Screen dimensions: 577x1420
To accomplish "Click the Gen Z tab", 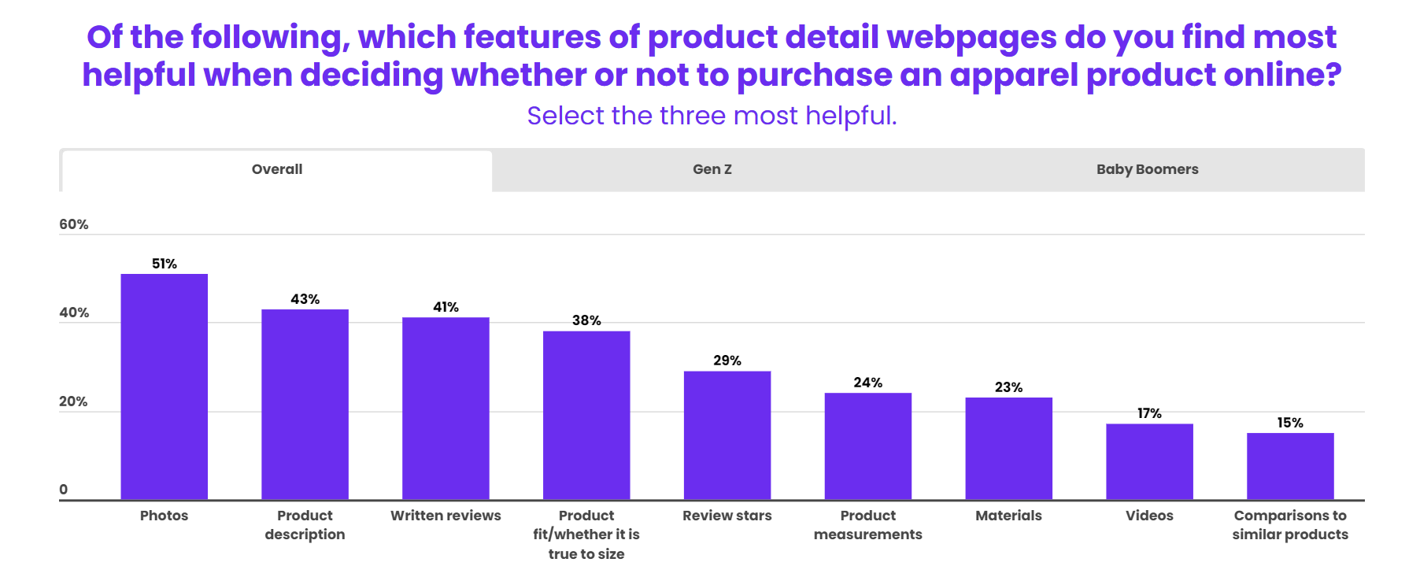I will click(712, 169).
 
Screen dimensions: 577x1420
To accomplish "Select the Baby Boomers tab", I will click(1147, 169).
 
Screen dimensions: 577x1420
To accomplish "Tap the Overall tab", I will click(277, 169).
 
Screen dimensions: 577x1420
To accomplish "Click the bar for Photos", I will click(164, 387).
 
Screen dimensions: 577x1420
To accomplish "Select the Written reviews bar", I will click(446, 409).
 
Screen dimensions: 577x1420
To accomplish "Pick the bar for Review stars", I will click(727, 435).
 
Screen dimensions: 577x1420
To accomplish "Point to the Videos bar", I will click(1149, 461).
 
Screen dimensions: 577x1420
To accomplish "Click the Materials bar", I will click(1008, 449).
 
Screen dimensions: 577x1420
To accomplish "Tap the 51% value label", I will click(164, 264).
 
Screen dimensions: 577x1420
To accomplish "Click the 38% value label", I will click(586, 320).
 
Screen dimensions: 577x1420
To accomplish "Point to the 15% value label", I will click(1290, 423).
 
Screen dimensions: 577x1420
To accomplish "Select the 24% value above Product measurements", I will click(867, 383).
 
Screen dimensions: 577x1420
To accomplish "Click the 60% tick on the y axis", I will click(74, 224).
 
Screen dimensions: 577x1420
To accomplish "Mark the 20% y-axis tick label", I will click(73, 401).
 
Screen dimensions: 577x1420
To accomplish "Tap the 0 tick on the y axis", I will click(64, 490).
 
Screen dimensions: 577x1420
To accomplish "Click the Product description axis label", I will click(305, 525).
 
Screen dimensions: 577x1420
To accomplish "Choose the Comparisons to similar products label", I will click(1290, 525).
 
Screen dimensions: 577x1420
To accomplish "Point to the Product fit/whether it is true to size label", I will click(586, 534).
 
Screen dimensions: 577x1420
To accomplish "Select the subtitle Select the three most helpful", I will click(712, 116).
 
